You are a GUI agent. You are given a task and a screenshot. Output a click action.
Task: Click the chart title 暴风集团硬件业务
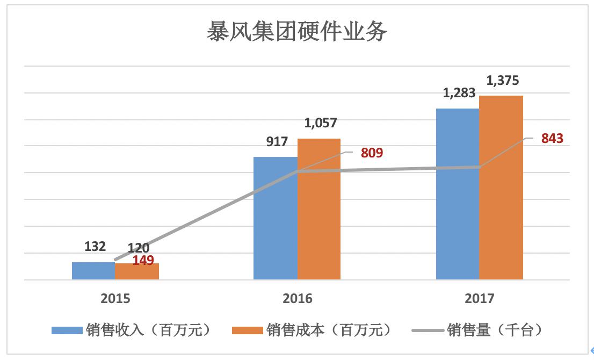click(x=297, y=32)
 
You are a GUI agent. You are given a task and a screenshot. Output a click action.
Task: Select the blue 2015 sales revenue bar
click(x=93, y=271)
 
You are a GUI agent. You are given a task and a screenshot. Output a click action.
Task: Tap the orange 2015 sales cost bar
click(x=137, y=272)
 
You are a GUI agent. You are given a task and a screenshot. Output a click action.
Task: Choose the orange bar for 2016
click(x=319, y=210)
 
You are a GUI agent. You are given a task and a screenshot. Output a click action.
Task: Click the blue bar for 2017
click(x=457, y=193)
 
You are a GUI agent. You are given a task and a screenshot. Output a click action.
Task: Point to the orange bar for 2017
click(x=501, y=188)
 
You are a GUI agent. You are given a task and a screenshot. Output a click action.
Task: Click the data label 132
click(x=95, y=247)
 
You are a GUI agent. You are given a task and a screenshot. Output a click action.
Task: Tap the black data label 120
click(x=139, y=248)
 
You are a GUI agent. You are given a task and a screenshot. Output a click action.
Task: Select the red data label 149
click(x=143, y=261)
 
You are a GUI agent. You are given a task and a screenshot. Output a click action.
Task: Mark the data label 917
click(x=277, y=142)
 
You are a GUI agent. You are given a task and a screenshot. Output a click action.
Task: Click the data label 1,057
click(x=321, y=123)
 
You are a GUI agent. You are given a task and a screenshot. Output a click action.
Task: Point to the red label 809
click(x=372, y=153)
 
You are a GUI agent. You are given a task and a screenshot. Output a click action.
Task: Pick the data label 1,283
click(x=459, y=93)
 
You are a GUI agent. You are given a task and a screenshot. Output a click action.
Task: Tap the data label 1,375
click(x=503, y=81)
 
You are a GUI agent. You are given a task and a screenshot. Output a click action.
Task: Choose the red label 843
click(x=552, y=139)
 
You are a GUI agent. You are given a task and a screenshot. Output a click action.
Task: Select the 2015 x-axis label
click(x=115, y=299)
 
